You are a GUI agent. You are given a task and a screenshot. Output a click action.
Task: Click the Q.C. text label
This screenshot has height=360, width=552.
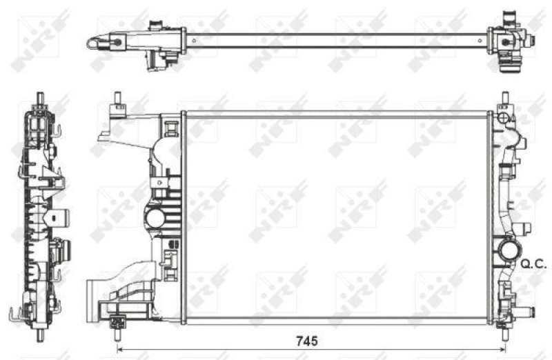(531, 263)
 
